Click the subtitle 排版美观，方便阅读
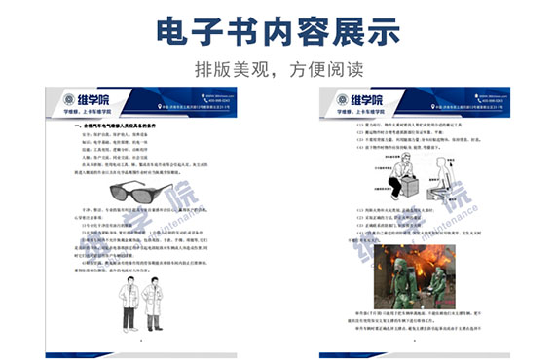[277, 69]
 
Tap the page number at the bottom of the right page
[414, 342]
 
